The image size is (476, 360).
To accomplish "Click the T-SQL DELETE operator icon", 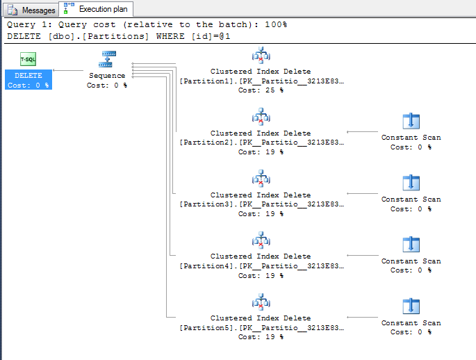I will tap(28, 60).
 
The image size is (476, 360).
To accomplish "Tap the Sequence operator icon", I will tap(107, 59).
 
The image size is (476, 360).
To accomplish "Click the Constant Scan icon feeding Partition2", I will tap(411, 122).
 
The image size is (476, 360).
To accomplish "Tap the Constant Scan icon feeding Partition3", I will tap(411, 183).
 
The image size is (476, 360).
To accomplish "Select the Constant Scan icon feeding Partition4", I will tap(411, 245).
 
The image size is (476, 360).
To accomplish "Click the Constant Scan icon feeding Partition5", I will tap(411, 306).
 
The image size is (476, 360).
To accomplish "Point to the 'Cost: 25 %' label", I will tap(261, 90).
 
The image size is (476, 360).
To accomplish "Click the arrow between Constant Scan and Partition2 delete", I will tap(361, 132).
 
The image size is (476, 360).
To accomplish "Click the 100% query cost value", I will tap(274, 24).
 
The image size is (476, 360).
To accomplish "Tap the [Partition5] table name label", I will tap(207, 327).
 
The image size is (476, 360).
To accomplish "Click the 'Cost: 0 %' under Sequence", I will tap(107, 85).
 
